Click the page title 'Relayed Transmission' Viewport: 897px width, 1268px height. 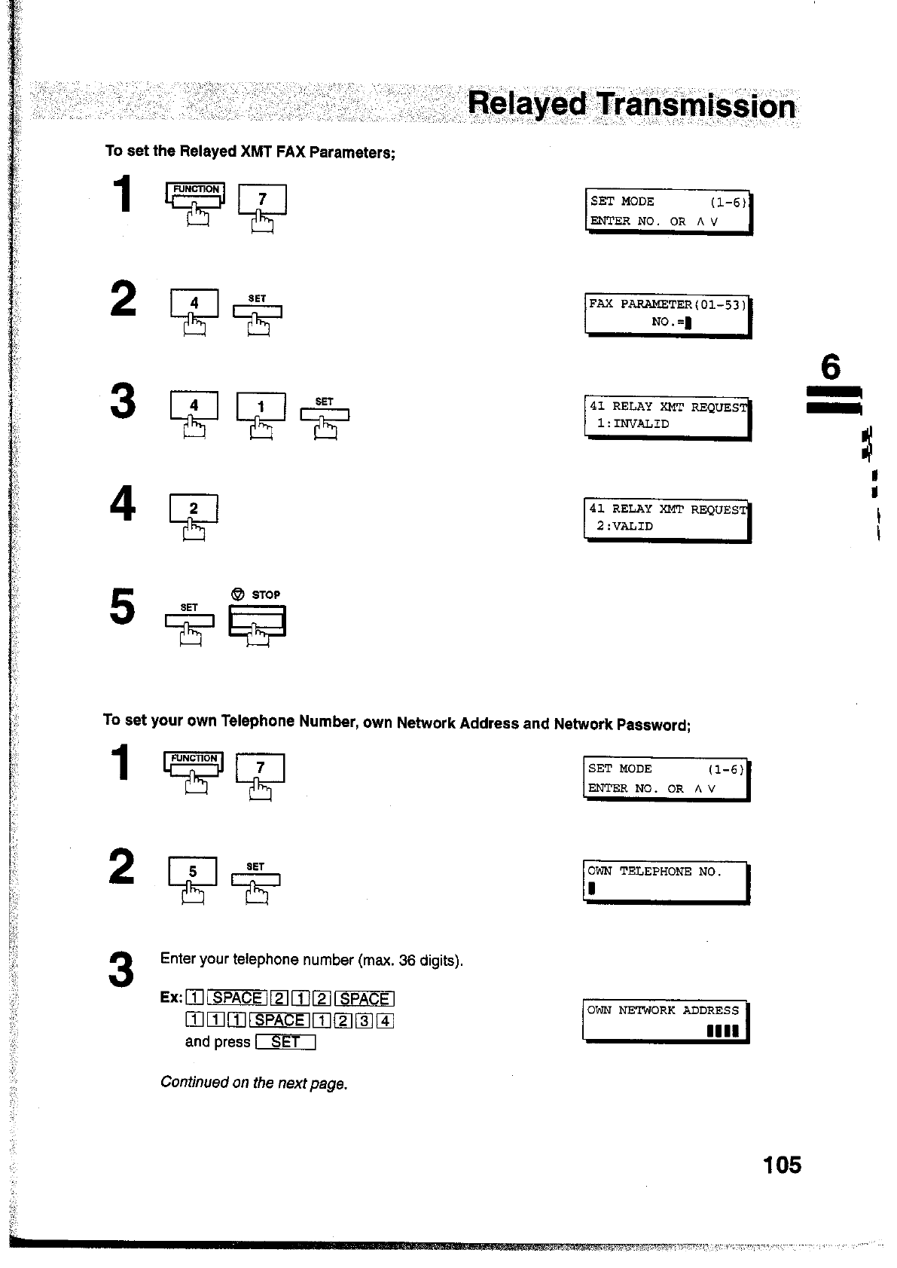click(631, 105)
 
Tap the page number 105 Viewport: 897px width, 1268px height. click(782, 1165)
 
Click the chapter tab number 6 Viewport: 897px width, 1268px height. click(830, 368)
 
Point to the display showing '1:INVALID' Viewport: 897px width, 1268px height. click(667, 415)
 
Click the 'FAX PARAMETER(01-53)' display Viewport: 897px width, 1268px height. click(667, 313)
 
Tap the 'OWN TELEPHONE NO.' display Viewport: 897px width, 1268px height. click(666, 881)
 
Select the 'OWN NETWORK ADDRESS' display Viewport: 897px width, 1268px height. click(666, 1020)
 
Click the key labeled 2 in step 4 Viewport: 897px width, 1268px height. click(194, 510)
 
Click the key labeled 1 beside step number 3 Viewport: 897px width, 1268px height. click(261, 407)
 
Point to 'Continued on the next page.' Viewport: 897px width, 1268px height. click(254, 1083)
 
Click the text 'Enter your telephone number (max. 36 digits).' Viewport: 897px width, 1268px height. click(311, 960)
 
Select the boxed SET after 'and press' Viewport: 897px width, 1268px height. click(285, 1042)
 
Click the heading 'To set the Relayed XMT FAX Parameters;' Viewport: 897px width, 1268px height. click(250, 151)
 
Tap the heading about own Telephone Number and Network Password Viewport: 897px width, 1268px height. click(396, 723)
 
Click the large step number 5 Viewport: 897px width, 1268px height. click(123, 607)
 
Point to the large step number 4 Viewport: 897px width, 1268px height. click(123, 503)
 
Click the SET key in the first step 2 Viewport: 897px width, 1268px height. click(258, 311)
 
